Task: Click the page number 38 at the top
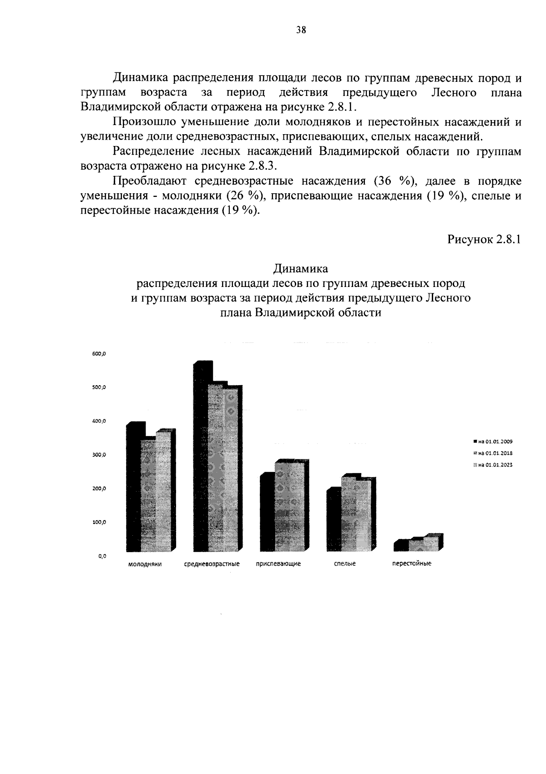coord(301,30)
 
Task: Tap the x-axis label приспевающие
coord(278,564)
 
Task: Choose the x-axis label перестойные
coord(412,563)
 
